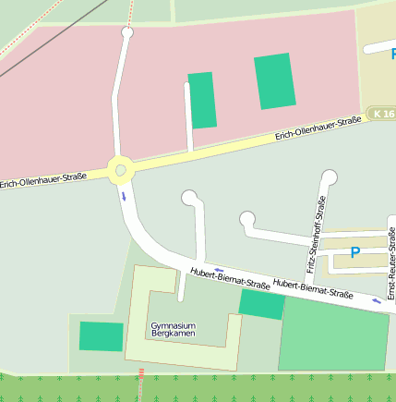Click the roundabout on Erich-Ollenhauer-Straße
pyautogui.click(x=120, y=170)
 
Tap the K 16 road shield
pyautogui.click(x=382, y=113)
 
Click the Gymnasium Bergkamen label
pyautogui.click(x=174, y=330)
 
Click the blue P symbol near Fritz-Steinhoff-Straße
pyautogui.click(x=354, y=252)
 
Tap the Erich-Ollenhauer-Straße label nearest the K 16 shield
pyautogui.click(x=318, y=130)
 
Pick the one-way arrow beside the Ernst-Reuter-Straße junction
pyautogui.click(x=376, y=301)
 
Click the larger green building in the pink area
pyautogui.click(x=275, y=81)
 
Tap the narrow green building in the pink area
pyautogui.click(x=202, y=100)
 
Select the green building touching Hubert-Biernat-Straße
pyautogui.click(x=262, y=304)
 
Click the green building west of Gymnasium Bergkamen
pyautogui.click(x=101, y=336)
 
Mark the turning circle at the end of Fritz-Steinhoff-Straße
pyautogui.click(x=330, y=177)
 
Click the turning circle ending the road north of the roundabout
pyautogui.click(x=127, y=33)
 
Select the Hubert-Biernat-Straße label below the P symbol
pyautogui.click(x=314, y=289)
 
